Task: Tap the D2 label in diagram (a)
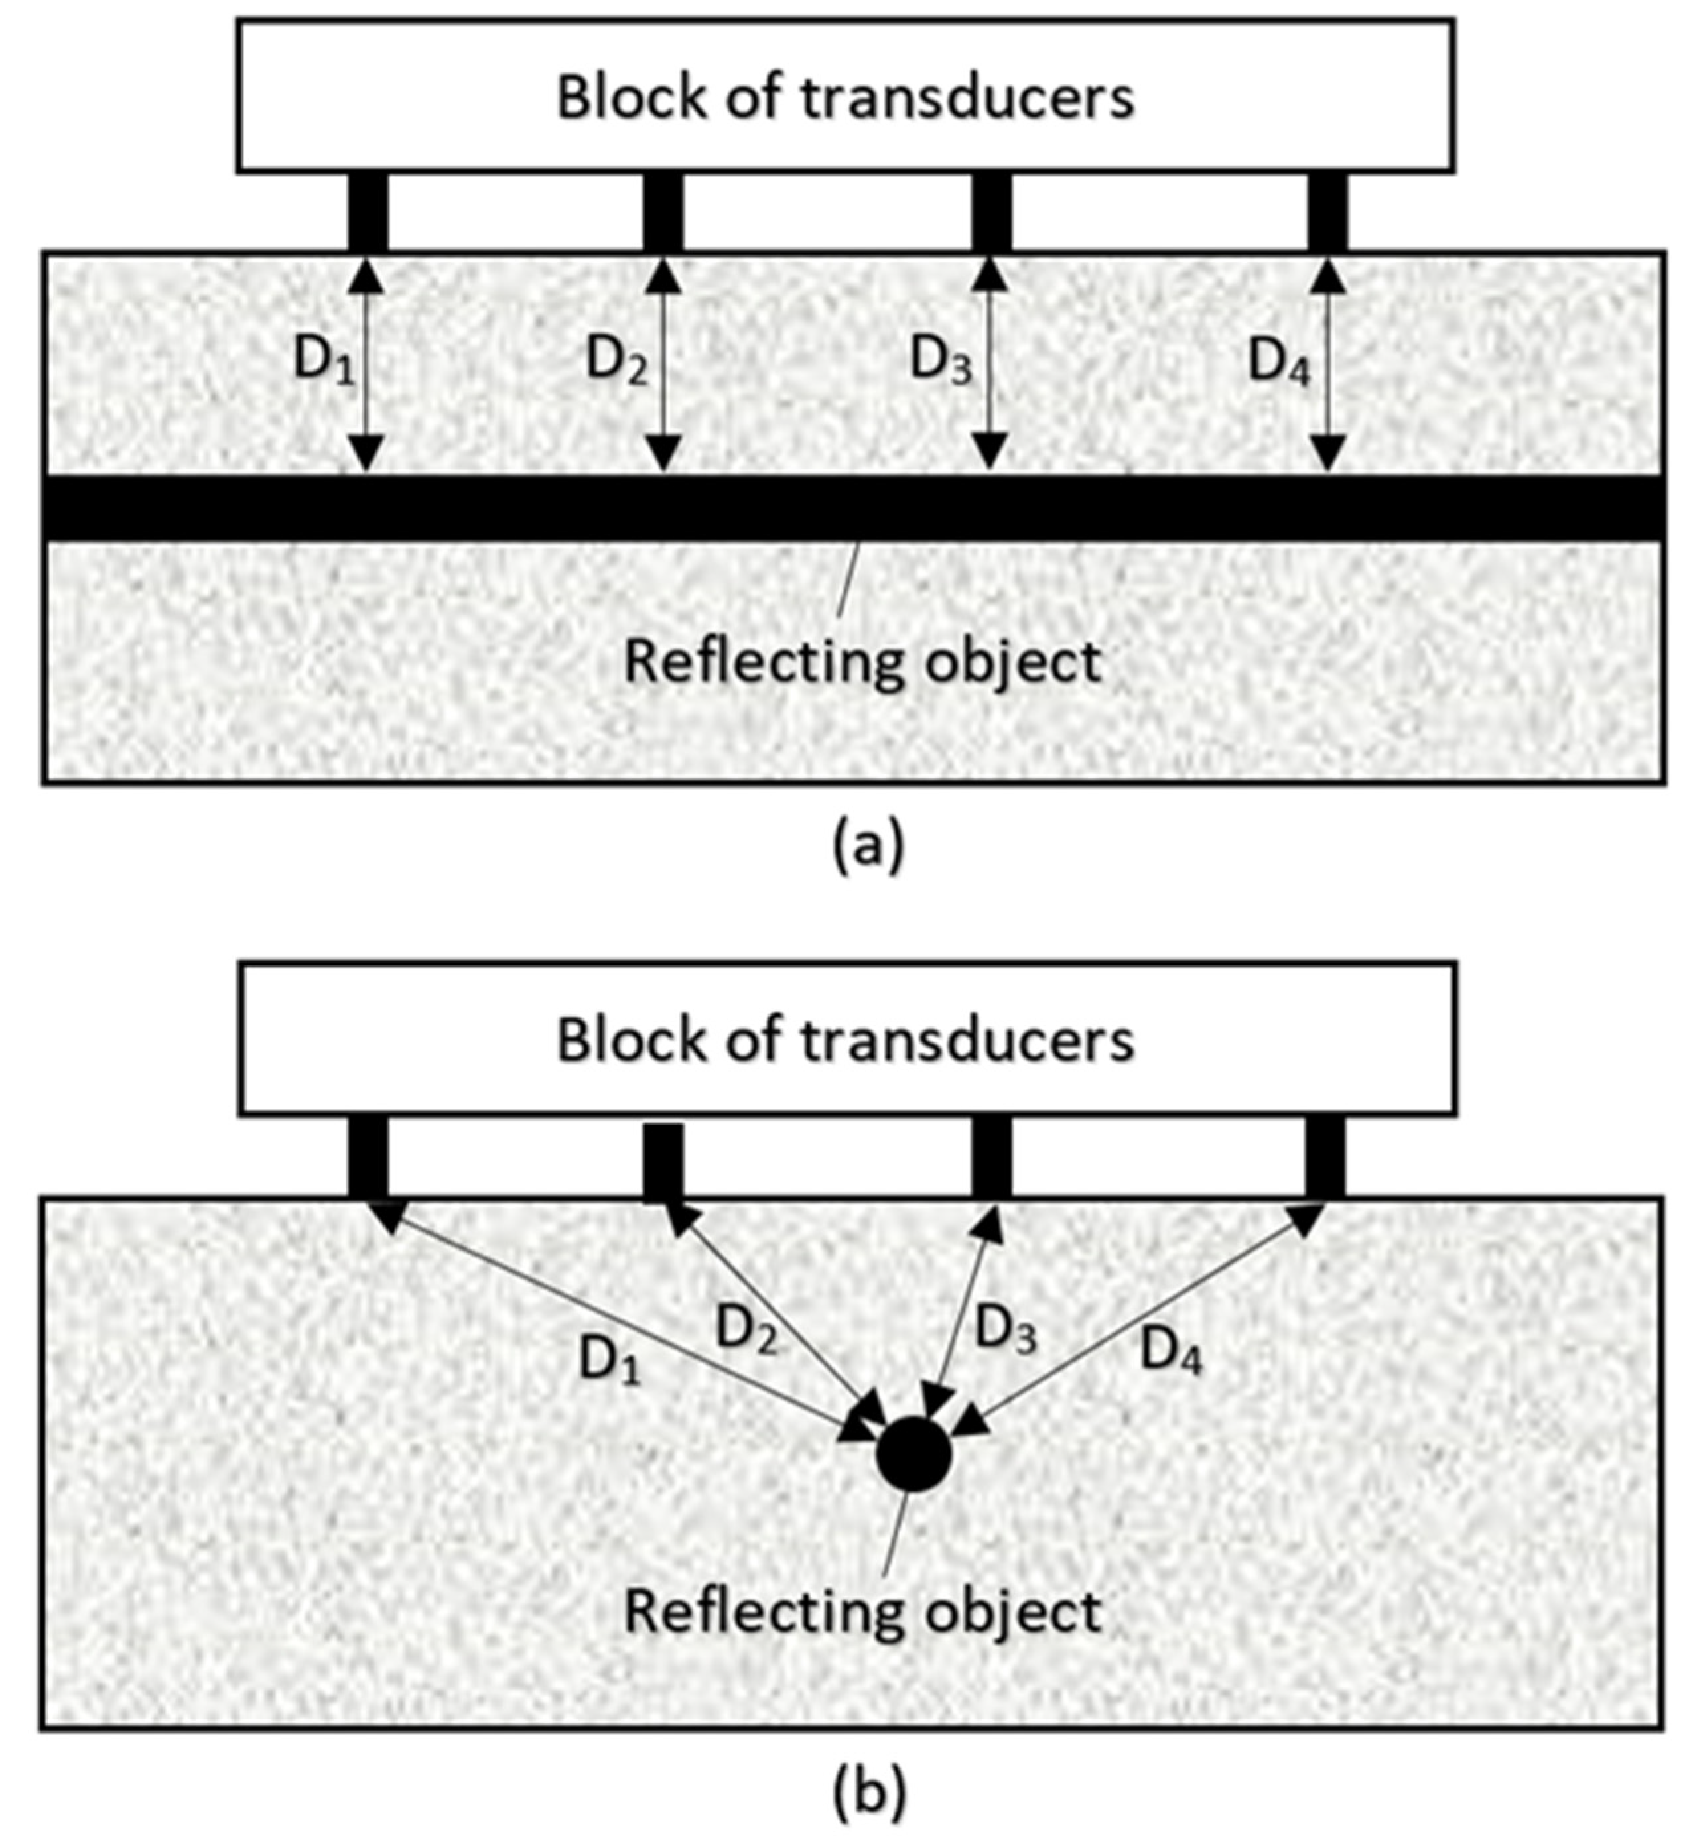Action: (616, 361)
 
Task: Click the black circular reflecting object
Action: (913, 1455)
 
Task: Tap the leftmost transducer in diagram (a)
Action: (368, 212)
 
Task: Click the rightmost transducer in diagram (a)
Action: (1327, 212)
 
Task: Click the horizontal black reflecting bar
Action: (852, 508)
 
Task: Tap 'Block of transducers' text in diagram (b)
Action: (845, 1040)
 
